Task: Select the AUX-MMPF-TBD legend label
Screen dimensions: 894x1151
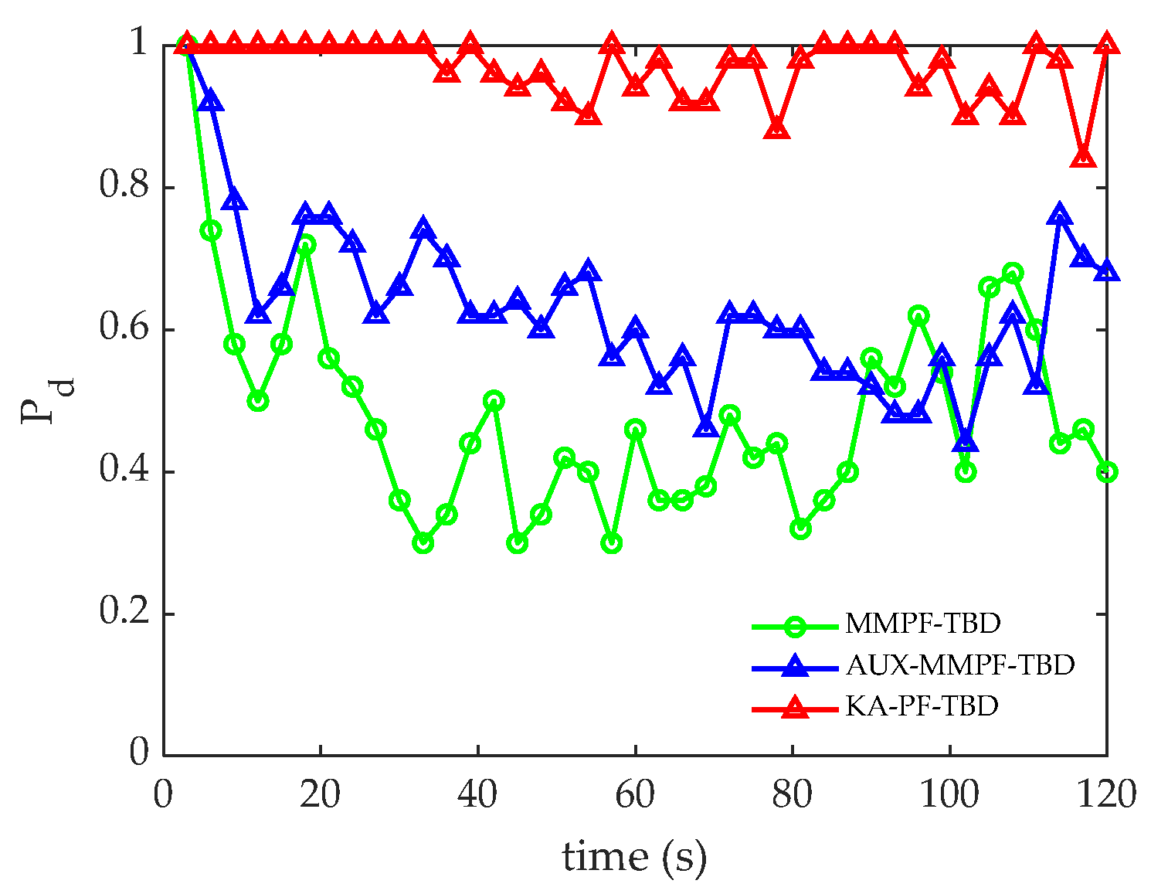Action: coord(959,665)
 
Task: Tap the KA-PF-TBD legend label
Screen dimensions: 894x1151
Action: coord(922,705)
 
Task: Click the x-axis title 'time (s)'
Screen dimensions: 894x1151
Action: coord(634,857)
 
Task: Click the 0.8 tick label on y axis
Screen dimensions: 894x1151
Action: coord(124,188)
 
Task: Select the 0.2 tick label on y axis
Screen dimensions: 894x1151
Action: coord(124,614)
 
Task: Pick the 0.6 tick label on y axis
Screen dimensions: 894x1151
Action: coord(124,330)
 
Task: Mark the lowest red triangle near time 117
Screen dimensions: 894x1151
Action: coord(1084,157)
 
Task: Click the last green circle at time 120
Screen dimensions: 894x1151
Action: coord(1107,472)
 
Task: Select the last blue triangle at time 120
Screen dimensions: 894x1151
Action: coord(1107,270)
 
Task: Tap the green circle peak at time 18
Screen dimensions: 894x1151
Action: coord(305,245)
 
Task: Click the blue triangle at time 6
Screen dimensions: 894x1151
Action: coord(210,100)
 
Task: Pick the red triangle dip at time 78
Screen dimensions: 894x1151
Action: coord(777,129)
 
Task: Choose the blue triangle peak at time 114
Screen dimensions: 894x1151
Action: coord(1060,215)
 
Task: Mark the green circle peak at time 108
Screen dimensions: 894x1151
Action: coord(1013,273)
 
